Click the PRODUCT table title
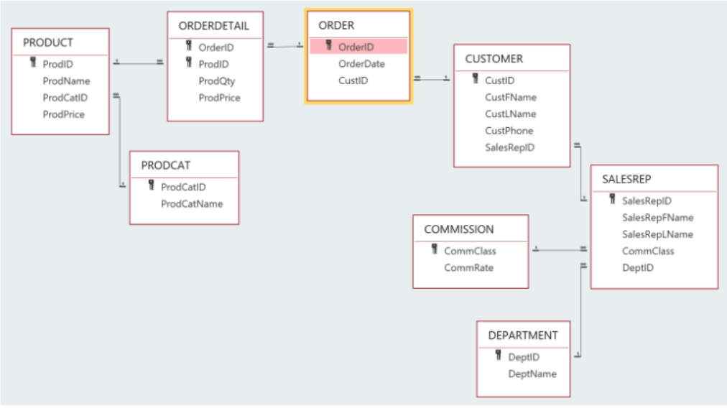coord(48,43)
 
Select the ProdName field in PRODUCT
coord(66,81)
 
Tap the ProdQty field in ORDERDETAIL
coord(217,81)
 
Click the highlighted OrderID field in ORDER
coord(356,47)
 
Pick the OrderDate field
coord(361,64)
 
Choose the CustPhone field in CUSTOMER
coord(509,131)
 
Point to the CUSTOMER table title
coord(494,59)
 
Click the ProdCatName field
coord(192,204)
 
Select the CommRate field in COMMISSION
coord(468,268)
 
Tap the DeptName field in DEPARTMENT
coord(532,374)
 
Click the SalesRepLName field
coord(657,234)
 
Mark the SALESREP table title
coord(626,179)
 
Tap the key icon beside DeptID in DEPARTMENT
coord(498,356)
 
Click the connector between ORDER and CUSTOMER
coord(432,78)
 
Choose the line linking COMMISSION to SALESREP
coord(560,250)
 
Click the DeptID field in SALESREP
coord(637,267)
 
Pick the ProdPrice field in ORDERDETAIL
coord(219,98)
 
